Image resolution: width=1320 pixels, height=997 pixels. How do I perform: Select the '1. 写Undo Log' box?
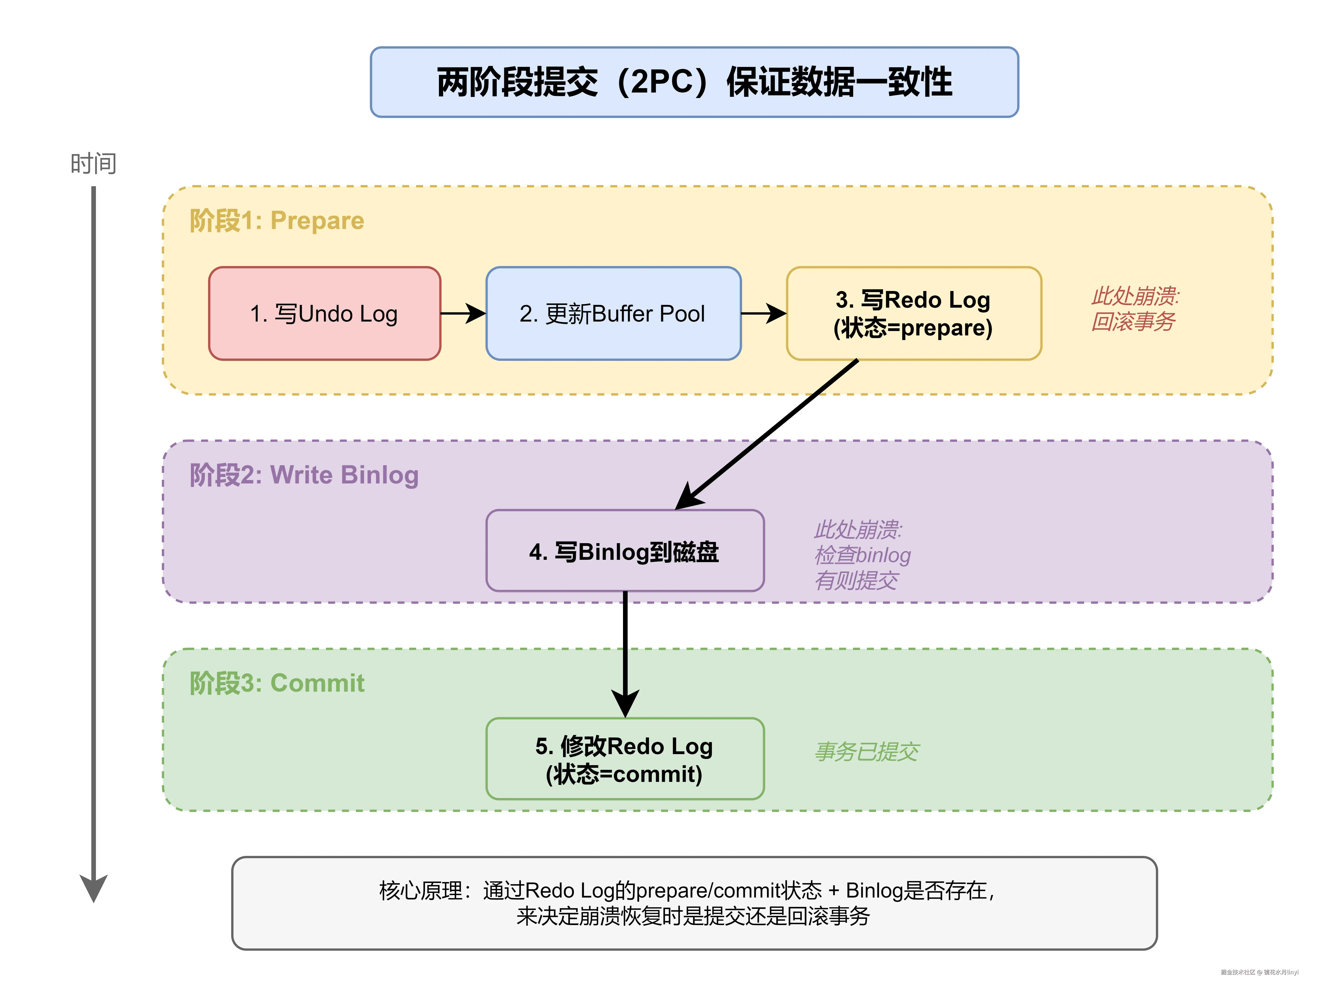[325, 313]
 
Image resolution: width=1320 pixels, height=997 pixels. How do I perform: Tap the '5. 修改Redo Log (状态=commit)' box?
[625, 759]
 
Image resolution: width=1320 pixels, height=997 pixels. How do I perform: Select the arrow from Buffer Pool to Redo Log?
[763, 313]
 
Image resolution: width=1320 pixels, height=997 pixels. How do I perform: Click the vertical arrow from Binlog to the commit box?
[625, 654]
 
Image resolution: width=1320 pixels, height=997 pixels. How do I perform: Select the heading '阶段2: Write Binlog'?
[304, 475]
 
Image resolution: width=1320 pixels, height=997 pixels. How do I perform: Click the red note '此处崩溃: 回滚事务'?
[1134, 309]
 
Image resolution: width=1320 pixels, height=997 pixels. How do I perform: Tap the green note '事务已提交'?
[866, 752]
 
